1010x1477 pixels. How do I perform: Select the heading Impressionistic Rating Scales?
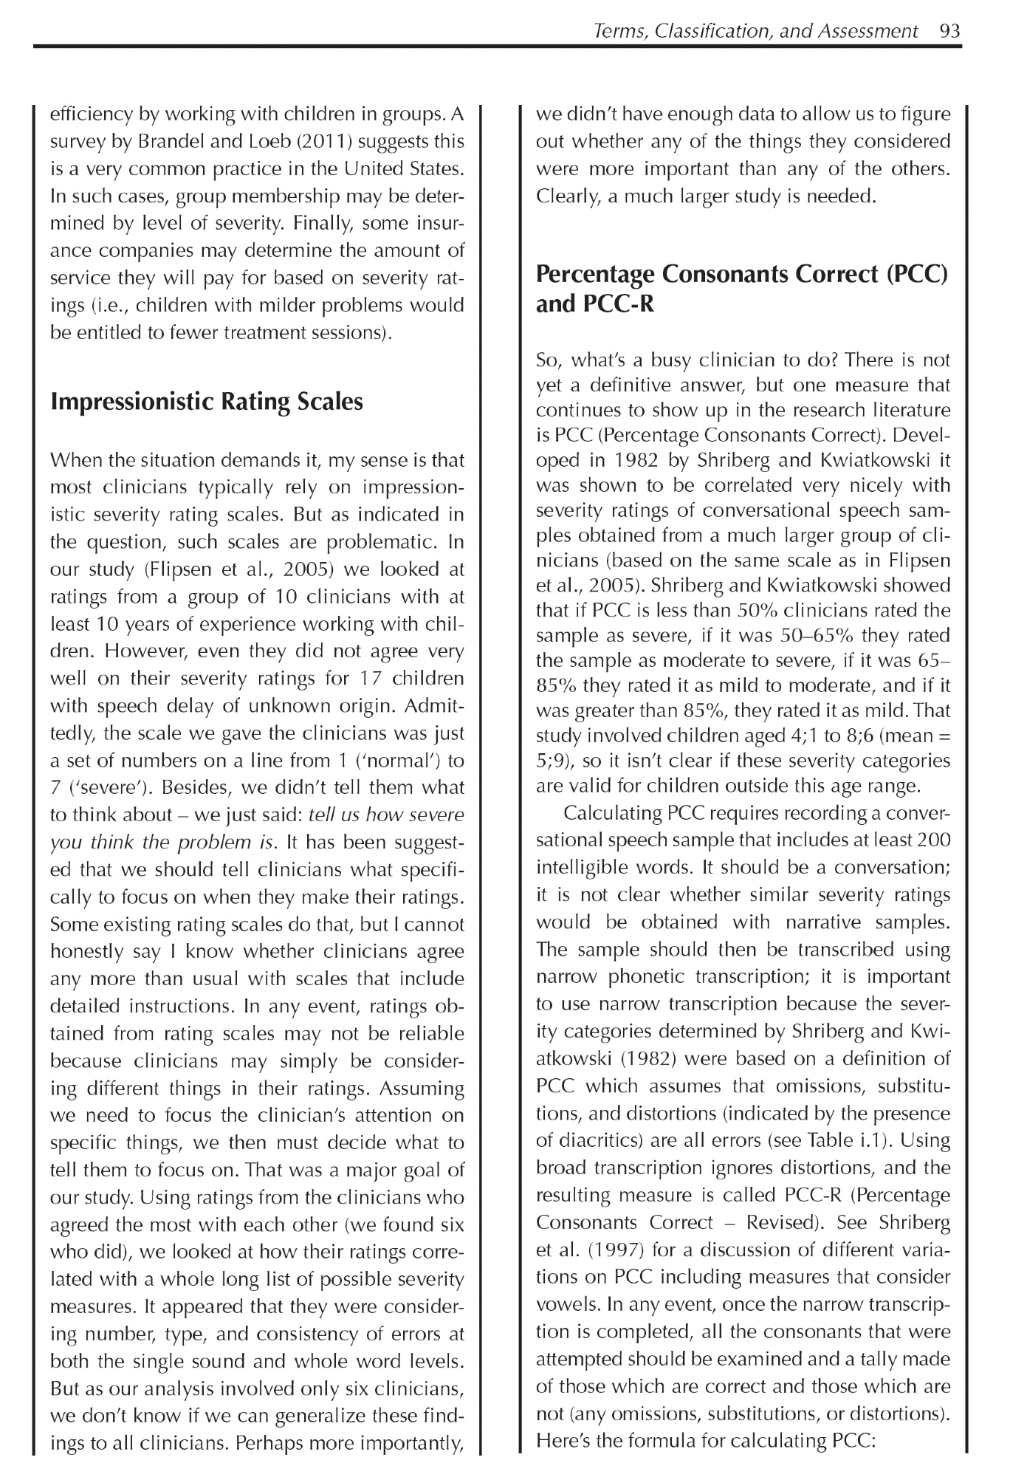click(206, 402)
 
